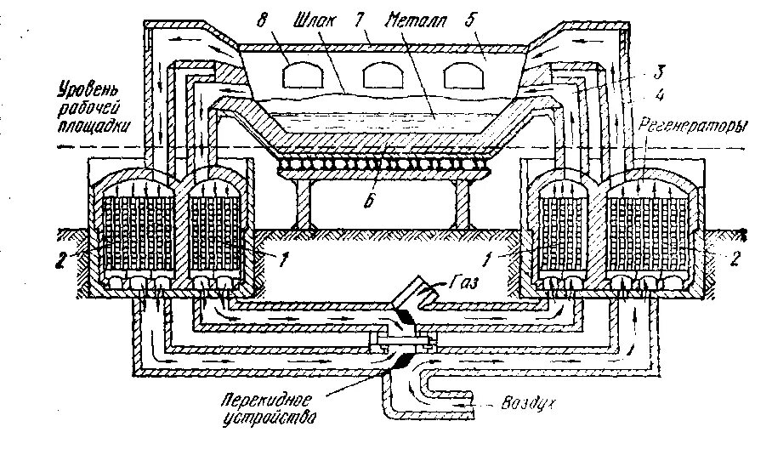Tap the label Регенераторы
pyautogui.click(x=703, y=126)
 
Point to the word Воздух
pyautogui.click(x=530, y=407)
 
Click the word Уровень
pyautogui.click(x=88, y=89)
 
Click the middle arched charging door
pyautogui.click(x=381, y=77)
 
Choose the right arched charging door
pyautogui.click(x=460, y=77)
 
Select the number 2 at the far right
pyautogui.click(x=736, y=255)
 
